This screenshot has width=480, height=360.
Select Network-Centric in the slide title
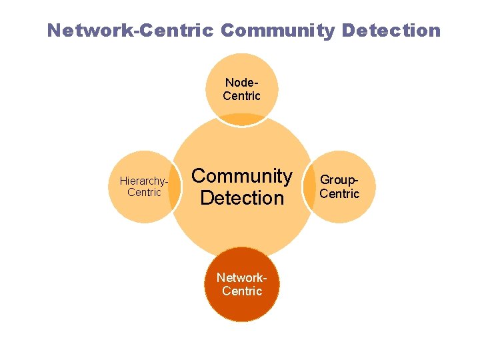click(x=131, y=31)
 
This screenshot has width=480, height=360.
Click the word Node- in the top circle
click(x=242, y=83)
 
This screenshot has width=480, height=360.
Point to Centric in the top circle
click(x=242, y=96)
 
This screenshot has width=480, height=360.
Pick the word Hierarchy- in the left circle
click(x=143, y=181)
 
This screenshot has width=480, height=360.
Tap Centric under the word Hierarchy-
click(x=144, y=193)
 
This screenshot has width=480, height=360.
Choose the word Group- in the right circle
click(x=340, y=180)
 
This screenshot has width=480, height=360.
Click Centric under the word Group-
click(x=340, y=193)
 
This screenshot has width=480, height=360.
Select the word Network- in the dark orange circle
click(x=242, y=278)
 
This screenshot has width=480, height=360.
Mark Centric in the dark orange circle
click(x=242, y=291)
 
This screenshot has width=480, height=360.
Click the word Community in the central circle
click(x=242, y=176)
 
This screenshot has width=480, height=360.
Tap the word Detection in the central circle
click(x=242, y=198)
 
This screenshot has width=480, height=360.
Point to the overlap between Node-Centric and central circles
click(x=242, y=119)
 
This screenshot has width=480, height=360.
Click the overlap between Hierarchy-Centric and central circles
click(x=175, y=187)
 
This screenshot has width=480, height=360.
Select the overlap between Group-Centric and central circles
click(x=309, y=187)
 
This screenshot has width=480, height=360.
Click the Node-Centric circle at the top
click(x=242, y=67)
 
